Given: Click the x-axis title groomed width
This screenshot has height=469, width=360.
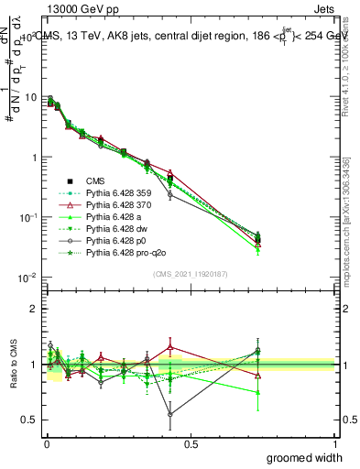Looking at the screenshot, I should coord(304,457).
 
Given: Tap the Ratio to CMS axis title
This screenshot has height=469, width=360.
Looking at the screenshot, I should coord(13,365).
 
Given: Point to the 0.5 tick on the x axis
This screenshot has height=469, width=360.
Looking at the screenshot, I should coord(191,443).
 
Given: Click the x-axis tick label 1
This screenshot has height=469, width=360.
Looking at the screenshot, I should coord(334,443).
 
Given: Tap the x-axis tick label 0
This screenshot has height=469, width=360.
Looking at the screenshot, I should coord(46,443).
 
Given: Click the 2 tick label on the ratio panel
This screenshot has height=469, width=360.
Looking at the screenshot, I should coord(34,309).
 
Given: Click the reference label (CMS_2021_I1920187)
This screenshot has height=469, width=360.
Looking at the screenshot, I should coord(191,273).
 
